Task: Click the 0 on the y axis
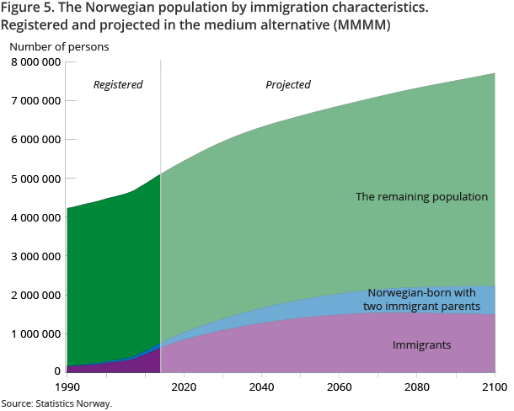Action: click(56, 371)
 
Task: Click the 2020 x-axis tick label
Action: click(184, 387)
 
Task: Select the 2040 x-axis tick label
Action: click(261, 387)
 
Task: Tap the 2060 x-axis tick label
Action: click(339, 387)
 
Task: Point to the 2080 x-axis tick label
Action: click(416, 387)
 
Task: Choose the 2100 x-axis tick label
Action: click(494, 387)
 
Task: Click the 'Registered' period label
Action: click(118, 85)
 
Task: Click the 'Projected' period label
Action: click(288, 85)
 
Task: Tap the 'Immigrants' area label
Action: click(421, 345)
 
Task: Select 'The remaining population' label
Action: click(421, 196)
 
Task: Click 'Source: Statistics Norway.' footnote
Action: click(56, 403)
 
